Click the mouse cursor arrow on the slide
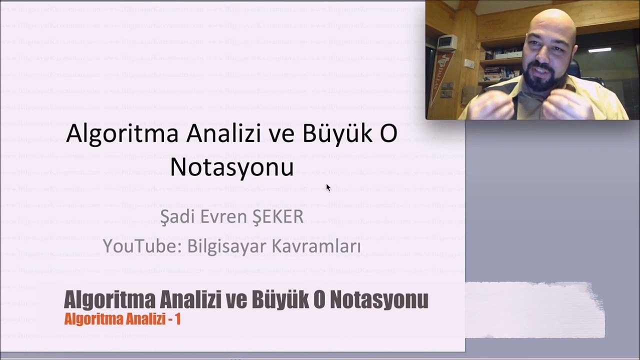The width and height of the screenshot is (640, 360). [328, 187]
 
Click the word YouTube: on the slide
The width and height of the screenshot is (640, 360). [142, 246]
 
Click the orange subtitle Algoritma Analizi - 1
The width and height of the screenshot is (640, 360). [122, 319]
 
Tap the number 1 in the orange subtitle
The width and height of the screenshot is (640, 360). [177, 319]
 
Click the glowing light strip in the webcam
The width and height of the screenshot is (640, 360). [599, 50]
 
